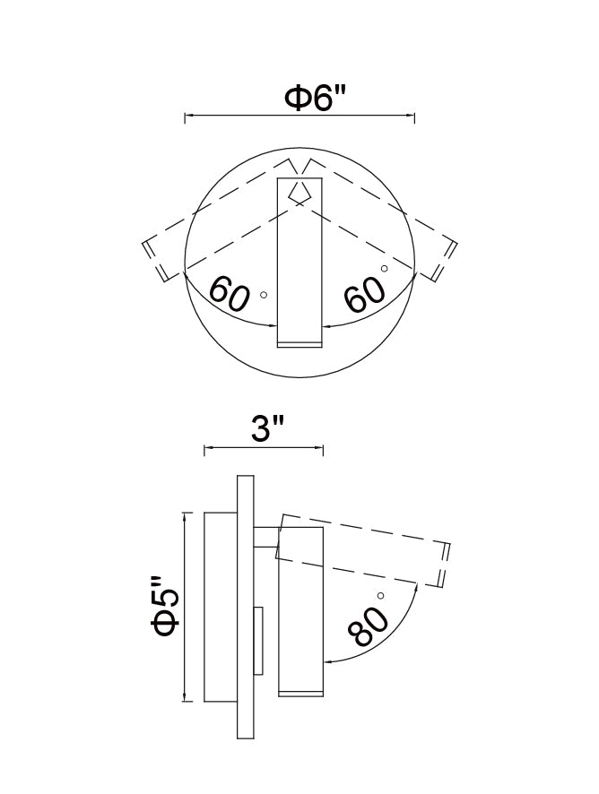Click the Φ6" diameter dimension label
pyautogui.click(x=315, y=98)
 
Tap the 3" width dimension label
pyautogui.click(x=262, y=430)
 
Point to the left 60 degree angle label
pyautogui.click(x=229, y=294)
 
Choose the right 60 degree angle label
pyautogui.click(x=365, y=293)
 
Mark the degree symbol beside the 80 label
pyautogui.click(x=381, y=596)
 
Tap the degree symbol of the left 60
pyautogui.click(x=263, y=294)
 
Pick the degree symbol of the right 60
pyautogui.click(x=384, y=268)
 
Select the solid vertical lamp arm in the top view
pyautogui.click(x=299, y=269)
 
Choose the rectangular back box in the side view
pyautogui.click(x=221, y=607)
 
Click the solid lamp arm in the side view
pyautogui.click(x=300, y=627)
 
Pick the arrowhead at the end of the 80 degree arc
pyautogui.click(x=328, y=662)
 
